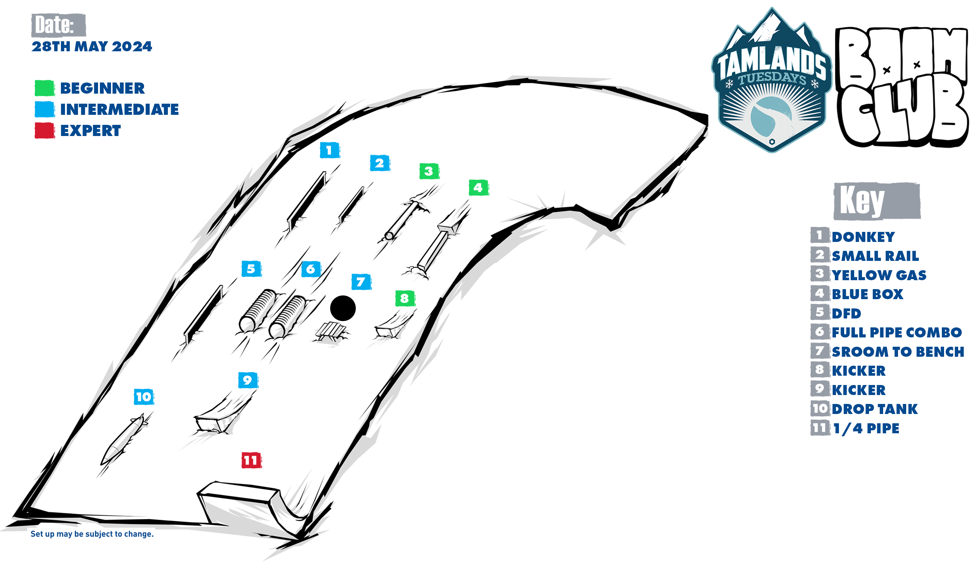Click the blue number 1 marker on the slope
[329, 150]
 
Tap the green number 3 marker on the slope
[429, 171]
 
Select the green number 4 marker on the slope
[478, 188]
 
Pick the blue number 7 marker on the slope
[361, 282]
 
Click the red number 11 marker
[251, 460]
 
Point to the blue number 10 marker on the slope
[144, 397]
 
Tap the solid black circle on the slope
[343, 308]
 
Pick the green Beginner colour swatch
[45, 88]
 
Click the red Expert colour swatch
[45, 130]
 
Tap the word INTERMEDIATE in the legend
[119, 109]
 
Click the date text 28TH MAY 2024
[92, 46]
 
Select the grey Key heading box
[877, 201]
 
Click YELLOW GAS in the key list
[879, 275]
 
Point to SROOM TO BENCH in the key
[898, 352]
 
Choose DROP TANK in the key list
[875, 409]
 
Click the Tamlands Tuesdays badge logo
[771, 80]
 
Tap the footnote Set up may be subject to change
[92, 534]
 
